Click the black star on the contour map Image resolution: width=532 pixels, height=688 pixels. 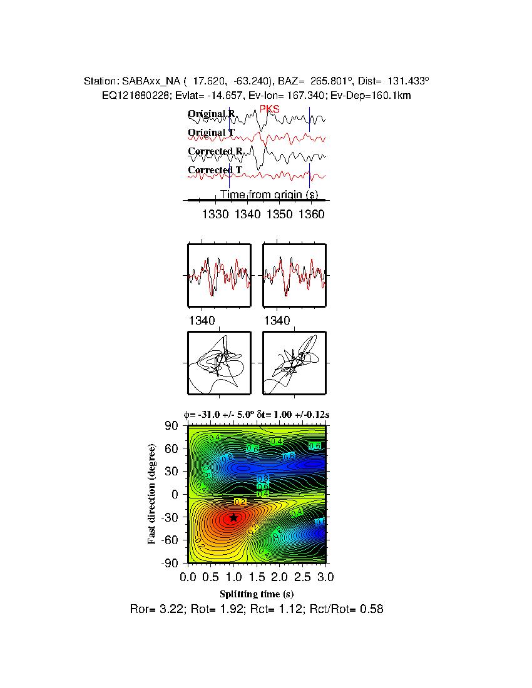pyautogui.click(x=233, y=517)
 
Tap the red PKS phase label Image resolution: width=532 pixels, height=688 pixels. pyautogui.click(x=269, y=109)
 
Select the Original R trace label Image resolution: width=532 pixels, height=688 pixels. pyautogui.click(x=212, y=114)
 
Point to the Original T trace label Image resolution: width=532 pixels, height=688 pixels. pyautogui.click(x=211, y=133)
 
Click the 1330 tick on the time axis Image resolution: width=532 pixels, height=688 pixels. pyautogui.click(x=215, y=215)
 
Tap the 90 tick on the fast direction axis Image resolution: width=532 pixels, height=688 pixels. pyautogui.click(x=172, y=426)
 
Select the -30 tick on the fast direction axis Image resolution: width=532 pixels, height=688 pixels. pyautogui.click(x=170, y=517)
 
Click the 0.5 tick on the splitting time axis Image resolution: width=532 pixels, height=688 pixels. pyautogui.click(x=210, y=575)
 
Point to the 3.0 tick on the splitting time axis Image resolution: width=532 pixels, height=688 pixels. pyautogui.click(x=325, y=575)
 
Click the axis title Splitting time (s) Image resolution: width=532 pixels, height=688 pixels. pyautogui.click(x=257, y=594)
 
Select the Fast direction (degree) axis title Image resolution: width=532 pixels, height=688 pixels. pyautogui.click(x=152, y=494)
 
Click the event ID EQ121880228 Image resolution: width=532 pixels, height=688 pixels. pyautogui.click(x=133, y=95)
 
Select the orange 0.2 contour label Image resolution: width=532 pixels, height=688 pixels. pyautogui.click(x=240, y=502)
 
